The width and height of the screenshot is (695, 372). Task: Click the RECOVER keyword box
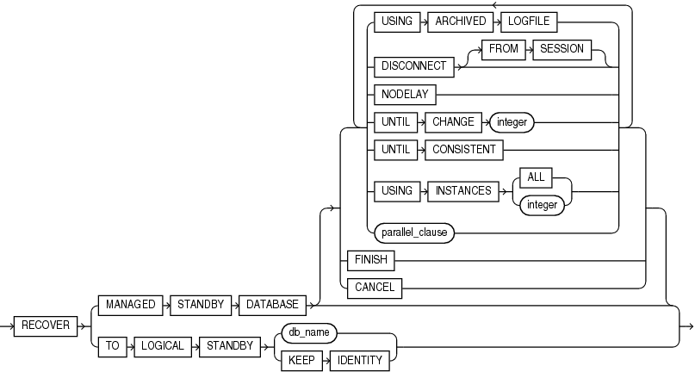pyautogui.click(x=45, y=325)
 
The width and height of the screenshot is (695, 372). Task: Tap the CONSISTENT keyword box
pyautogui.click(x=463, y=150)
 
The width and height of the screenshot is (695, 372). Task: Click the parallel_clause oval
pyautogui.click(x=413, y=232)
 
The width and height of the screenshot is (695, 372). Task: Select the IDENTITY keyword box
pyautogui.click(x=360, y=359)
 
